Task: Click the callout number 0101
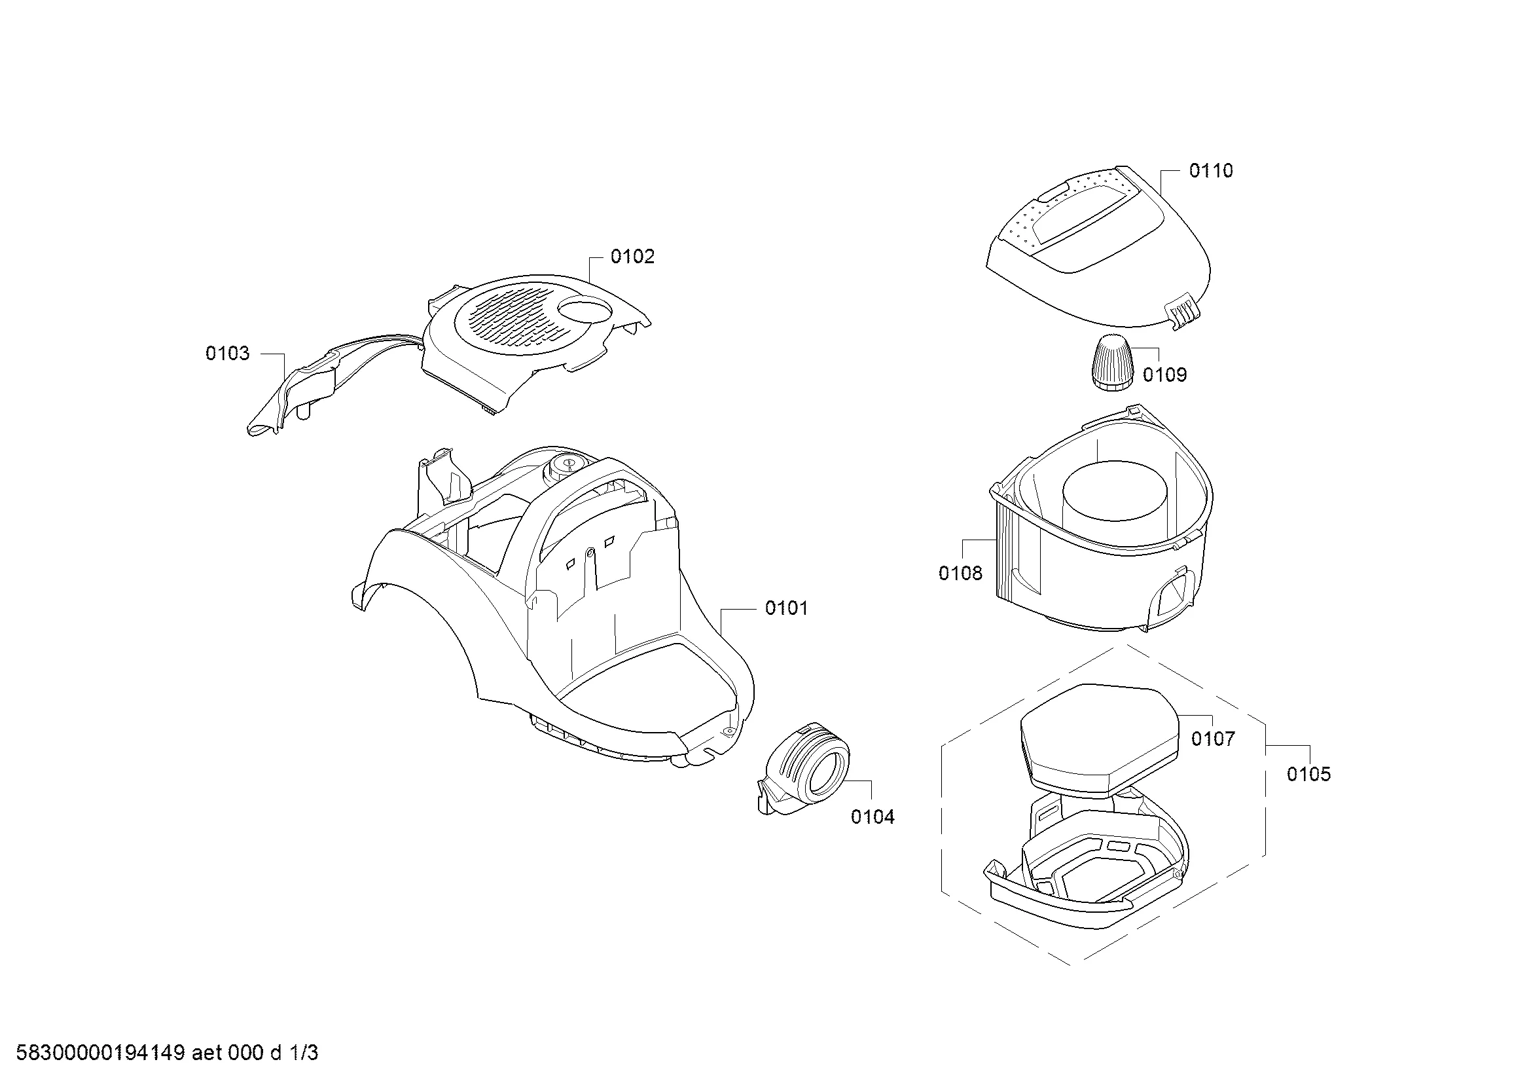pyautogui.click(x=786, y=608)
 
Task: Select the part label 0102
pyautogui.click(x=633, y=257)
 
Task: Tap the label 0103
pyautogui.click(x=227, y=354)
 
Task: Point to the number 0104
pyautogui.click(x=872, y=817)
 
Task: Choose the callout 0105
pyautogui.click(x=1308, y=774)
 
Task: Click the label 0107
pyautogui.click(x=1213, y=739)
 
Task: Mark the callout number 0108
pyautogui.click(x=960, y=573)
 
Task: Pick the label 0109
pyautogui.click(x=1165, y=375)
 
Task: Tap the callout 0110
pyautogui.click(x=1211, y=171)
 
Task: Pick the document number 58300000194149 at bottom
pyautogui.click(x=100, y=1053)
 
